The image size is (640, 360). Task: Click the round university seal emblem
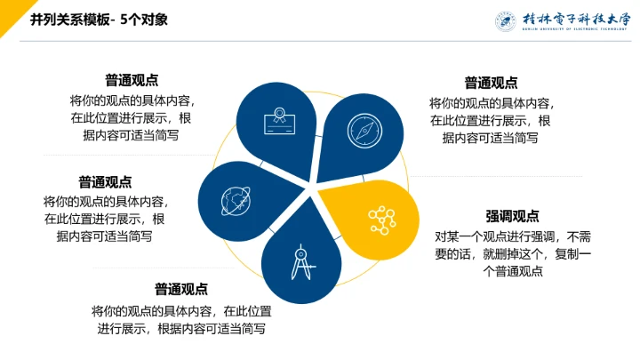504,20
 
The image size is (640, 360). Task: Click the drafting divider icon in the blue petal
300,260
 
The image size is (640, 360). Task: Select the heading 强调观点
512,216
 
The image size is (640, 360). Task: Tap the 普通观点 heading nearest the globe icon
105,181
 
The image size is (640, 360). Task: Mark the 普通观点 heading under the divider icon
181,289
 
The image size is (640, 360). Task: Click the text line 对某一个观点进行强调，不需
511,236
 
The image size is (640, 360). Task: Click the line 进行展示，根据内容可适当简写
181,328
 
